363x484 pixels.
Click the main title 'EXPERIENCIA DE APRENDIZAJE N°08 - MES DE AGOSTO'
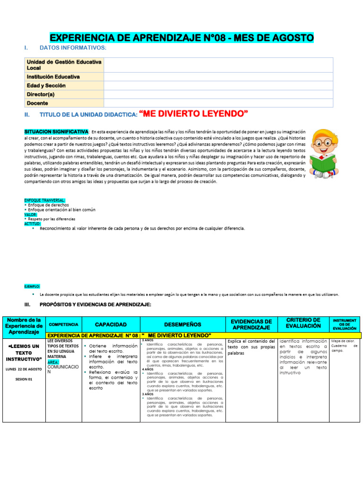[x=181, y=38]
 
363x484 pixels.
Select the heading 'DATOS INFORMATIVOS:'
[x=73, y=48]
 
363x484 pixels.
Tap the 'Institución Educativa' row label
[x=53, y=77]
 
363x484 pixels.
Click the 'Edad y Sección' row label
[x=46, y=86]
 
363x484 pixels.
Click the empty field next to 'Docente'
[x=218, y=103]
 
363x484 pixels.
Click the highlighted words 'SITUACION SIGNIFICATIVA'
[x=56, y=131]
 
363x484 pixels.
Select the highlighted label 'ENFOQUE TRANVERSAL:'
[x=45, y=200]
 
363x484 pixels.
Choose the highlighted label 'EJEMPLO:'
[x=32, y=286]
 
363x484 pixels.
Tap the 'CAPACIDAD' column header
[x=111, y=325]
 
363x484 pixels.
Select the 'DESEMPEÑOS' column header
[x=182, y=325]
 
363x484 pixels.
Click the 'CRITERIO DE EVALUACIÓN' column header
[x=303, y=324]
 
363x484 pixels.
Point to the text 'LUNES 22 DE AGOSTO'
[x=23, y=369]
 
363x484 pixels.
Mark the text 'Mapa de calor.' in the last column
[x=342, y=340]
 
